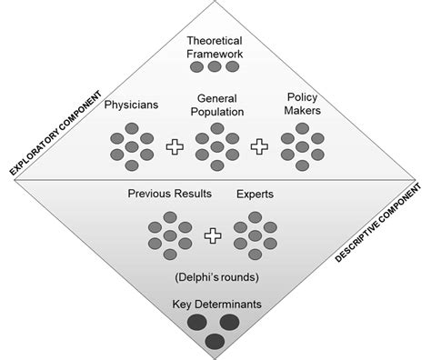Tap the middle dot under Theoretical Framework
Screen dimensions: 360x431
click(215, 67)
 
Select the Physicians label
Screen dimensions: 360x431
click(132, 105)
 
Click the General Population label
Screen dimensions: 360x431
click(216, 105)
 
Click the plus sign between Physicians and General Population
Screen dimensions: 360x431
click(174, 146)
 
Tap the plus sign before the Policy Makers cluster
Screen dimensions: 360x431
click(259, 146)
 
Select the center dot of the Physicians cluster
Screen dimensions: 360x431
click(132, 146)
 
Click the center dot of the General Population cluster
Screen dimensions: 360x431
click(216, 146)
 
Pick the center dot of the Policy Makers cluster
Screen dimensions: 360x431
click(301, 146)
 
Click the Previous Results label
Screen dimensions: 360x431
click(170, 195)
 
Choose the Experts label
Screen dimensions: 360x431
click(256, 195)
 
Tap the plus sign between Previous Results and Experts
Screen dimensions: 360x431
click(213, 235)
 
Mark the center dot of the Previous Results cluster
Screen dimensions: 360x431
click(170, 235)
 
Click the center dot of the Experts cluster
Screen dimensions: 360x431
click(256, 235)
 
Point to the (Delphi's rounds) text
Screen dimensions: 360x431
click(215, 276)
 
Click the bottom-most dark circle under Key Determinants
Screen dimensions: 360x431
click(215, 341)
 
